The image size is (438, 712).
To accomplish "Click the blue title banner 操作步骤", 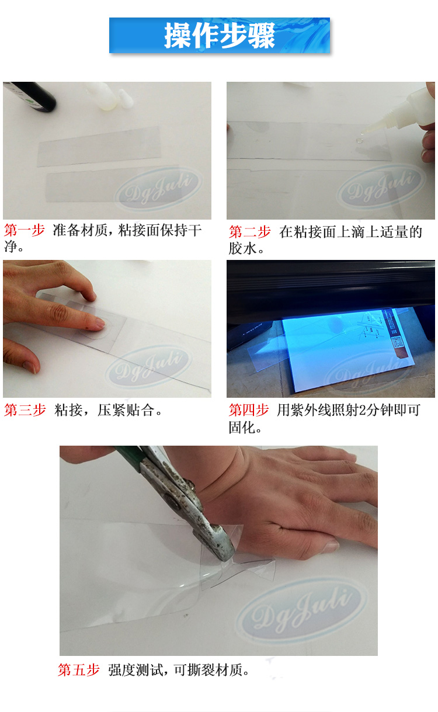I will tap(219, 36).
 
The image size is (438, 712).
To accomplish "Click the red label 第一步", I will tap(24, 230).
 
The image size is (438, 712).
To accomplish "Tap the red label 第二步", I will tap(249, 232).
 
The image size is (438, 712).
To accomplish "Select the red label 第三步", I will tap(25, 410).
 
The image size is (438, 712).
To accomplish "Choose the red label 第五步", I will tap(79, 670).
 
